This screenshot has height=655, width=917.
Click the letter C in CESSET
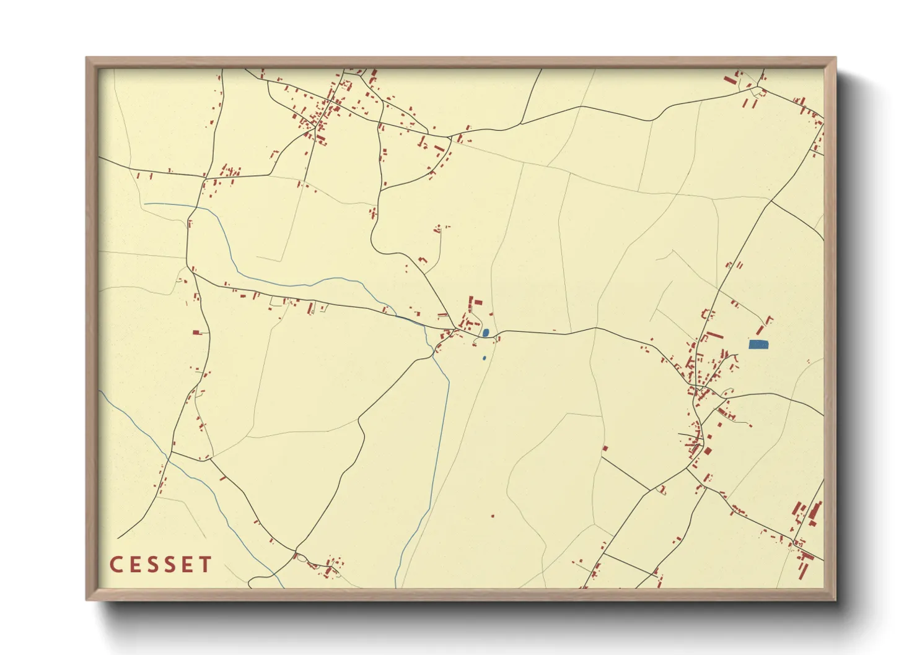coord(116,565)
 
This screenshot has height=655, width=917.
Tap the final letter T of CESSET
coord(205,565)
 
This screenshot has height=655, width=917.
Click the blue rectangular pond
coord(758,344)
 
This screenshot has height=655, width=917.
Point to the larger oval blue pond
coord(486,333)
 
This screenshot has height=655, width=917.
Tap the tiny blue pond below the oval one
coord(484,358)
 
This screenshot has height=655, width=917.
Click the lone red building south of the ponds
coord(493,516)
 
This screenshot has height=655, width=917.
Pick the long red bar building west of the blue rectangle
coord(714,335)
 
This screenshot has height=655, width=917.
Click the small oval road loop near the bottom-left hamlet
coord(302,558)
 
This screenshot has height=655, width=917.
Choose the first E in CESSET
coord(134,565)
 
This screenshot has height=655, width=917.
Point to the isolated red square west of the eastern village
coord(605,448)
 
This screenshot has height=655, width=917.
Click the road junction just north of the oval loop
coord(296,550)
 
